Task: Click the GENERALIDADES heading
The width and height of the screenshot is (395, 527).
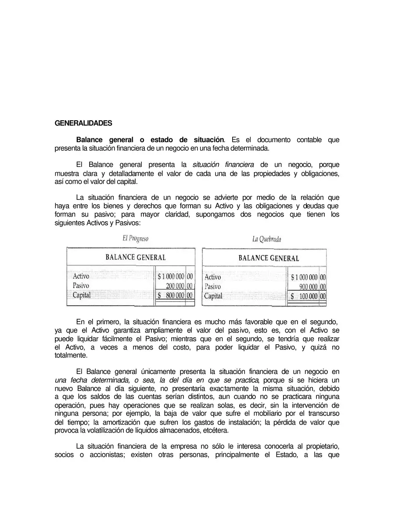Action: (x=83, y=123)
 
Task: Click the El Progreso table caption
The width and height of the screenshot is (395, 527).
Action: (x=135, y=238)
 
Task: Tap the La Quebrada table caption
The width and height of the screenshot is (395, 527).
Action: (x=267, y=239)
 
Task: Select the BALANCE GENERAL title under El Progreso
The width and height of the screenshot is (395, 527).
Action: (x=136, y=257)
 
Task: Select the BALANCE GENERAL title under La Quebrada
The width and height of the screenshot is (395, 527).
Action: (x=269, y=258)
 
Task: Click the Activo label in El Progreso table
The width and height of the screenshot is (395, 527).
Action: (x=81, y=276)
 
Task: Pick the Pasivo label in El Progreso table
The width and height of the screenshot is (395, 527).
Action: (x=81, y=286)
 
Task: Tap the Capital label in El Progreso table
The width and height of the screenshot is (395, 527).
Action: (x=82, y=295)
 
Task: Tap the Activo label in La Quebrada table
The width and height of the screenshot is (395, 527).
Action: (x=213, y=277)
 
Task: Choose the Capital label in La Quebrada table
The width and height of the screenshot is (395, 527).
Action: (x=213, y=296)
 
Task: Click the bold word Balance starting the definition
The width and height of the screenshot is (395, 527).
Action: (x=90, y=140)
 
